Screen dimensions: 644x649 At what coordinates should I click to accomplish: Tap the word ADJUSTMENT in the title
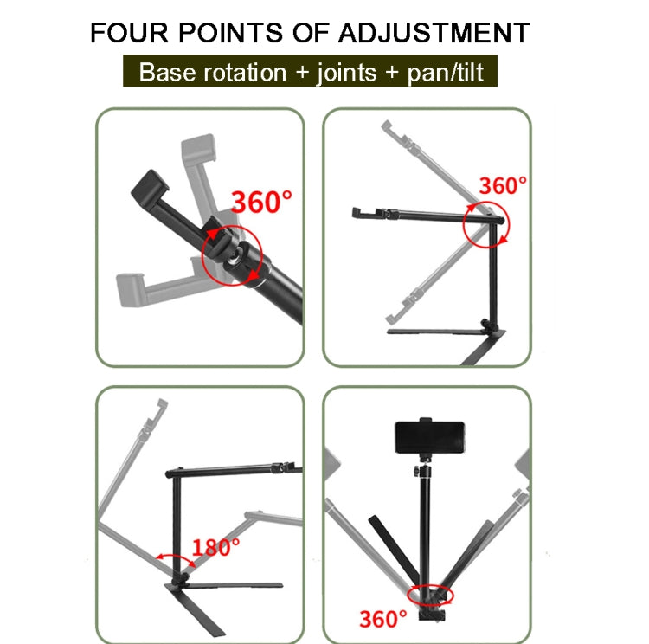coord(432,34)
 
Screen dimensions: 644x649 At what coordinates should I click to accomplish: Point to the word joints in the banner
coord(347,72)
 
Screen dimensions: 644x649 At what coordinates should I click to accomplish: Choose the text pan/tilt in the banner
coord(445,72)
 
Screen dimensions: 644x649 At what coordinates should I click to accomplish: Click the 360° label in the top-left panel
coord(260,202)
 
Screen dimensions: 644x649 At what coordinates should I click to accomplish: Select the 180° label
coord(215,547)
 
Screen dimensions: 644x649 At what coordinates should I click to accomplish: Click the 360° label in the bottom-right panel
coord(382,618)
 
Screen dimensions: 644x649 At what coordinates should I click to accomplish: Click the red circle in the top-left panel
coord(230,256)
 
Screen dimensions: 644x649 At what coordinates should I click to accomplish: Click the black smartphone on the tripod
coord(430,439)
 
